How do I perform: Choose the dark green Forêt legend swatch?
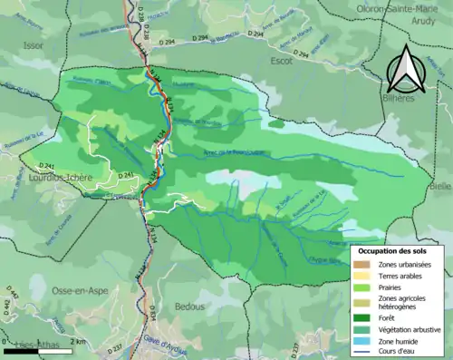pos(364,318)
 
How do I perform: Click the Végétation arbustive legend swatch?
pos(364,329)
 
